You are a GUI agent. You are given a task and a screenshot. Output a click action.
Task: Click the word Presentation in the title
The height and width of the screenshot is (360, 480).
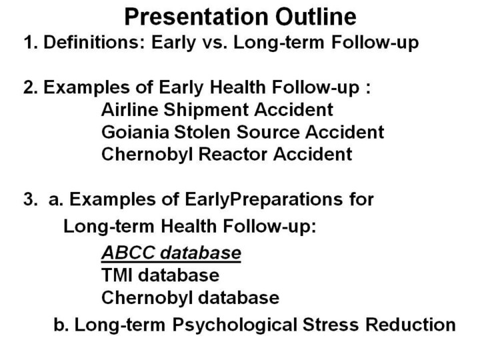pyautogui.click(x=196, y=17)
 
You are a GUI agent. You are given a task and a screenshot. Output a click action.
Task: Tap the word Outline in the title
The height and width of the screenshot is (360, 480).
pyautogui.click(x=315, y=17)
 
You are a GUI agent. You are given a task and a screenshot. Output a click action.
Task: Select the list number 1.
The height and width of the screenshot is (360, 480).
pyautogui.click(x=31, y=42)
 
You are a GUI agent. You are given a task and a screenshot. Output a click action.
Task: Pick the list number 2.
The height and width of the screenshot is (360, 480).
pyautogui.click(x=31, y=87)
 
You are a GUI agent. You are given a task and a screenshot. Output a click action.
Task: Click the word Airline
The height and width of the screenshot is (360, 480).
pyautogui.click(x=129, y=109)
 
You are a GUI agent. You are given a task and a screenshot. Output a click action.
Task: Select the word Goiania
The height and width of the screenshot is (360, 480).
pyautogui.click(x=135, y=132)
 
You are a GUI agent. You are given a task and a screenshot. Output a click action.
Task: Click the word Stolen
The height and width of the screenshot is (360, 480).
pyautogui.click(x=202, y=132)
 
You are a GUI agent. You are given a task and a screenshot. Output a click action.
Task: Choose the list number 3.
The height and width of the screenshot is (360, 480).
pyautogui.click(x=31, y=199)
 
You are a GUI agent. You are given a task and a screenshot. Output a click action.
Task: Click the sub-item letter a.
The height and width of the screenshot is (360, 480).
pyautogui.click(x=56, y=201)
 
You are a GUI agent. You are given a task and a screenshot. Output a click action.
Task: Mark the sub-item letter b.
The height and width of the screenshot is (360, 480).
pyautogui.click(x=60, y=325)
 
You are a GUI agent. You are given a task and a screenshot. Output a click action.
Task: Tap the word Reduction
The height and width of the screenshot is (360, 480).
pyautogui.click(x=411, y=325)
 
